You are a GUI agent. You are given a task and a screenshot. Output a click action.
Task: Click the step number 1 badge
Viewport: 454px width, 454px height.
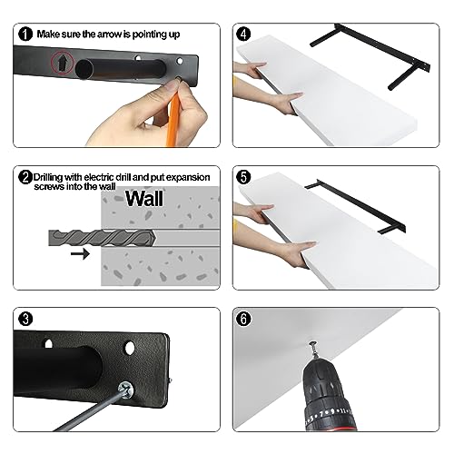pyautogui.click(x=25, y=35)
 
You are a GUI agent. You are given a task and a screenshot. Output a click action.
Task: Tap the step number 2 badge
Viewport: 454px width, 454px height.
pyautogui.click(x=25, y=177)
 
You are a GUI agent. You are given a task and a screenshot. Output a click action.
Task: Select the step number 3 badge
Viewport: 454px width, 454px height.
pyautogui.click(x=25, y=320)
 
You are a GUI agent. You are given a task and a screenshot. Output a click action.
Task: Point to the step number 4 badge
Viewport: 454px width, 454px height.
pyautogui.click(x=243, y=34)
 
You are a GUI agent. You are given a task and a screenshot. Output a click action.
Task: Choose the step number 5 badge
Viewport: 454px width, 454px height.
pyautogui.click(x=243, y=177)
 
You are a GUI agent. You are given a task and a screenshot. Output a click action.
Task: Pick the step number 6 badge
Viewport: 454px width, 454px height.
pyautogui.click(x=243, y=320)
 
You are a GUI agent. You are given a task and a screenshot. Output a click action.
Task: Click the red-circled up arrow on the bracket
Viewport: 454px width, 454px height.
pyautogui.click(x=63, y=64)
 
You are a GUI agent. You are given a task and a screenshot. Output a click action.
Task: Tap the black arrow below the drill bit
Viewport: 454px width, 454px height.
pyautogui.click(x=80, y=253)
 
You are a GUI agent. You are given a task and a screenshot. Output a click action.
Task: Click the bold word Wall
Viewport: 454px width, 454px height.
pyautogui.click(x=144, y=199)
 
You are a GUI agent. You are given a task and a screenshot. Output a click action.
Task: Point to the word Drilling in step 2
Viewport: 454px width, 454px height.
pyautogui.click(x=48, y=178)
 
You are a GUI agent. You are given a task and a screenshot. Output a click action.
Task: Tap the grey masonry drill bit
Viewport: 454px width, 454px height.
pyautogui.click(x=103, y=238)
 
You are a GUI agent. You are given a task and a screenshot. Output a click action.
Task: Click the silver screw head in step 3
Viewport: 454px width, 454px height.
pyautogui.click(x=126, y=388)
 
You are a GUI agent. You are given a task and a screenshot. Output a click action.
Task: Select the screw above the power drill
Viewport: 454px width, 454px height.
pyautogui.click(x=314, y=350)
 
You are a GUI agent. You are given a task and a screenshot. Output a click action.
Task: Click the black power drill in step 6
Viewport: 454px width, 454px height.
pyautogui.click(x=329, y=397)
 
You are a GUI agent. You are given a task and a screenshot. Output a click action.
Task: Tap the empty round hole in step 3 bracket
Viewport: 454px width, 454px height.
pyautogui.click(x=129, y=348)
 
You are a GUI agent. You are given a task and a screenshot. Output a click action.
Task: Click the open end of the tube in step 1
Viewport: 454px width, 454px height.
pyautogui.click(x=84, y=69)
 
